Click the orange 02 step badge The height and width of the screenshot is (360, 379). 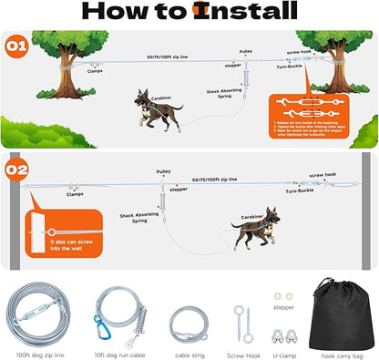pyautogui.click(x=16, y=170)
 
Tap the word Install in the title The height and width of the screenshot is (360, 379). pyautogui.click(x=242, y=13)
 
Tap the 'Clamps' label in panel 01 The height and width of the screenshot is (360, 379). pyautogui.click(x=95, y=69)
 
